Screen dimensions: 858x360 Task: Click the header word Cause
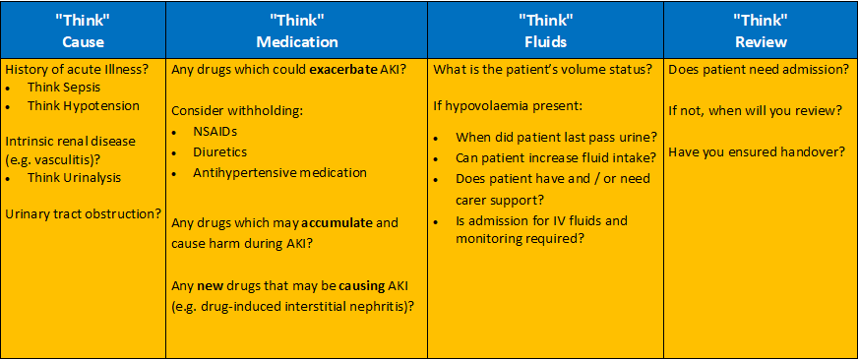[83, 42]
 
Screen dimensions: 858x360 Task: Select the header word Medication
[296, 42]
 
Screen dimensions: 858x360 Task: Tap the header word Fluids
[545, 42]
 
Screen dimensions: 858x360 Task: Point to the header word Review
[762, 42]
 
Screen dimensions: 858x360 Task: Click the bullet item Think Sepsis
[65, 87]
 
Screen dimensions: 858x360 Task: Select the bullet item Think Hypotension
[84, 105]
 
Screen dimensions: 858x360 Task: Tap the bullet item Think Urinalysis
[75, 177]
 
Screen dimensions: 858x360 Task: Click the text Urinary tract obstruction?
[83, 213]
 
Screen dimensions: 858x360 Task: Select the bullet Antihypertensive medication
[279, 172]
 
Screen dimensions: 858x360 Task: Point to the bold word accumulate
[337, 223]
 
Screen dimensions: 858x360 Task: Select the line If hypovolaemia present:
[506, 105]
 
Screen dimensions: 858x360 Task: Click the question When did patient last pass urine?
[557, 137]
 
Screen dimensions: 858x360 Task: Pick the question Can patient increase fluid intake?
[556, 158]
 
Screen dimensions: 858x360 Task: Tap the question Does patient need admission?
[758, 70]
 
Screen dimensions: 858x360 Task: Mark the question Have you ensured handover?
[758, 152]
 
